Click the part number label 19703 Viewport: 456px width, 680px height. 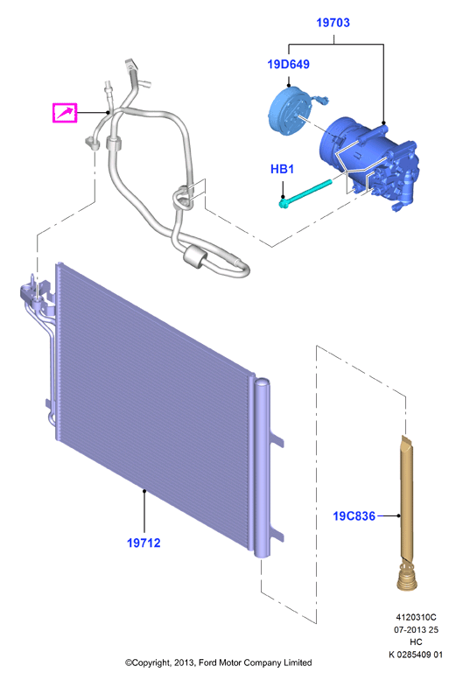(x=333, y=23)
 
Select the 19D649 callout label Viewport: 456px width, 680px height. (x=289, y=64)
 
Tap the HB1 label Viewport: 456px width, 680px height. (x=282, y=169)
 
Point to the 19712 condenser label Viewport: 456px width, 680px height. (x=144, y=543)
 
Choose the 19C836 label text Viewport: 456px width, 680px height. (x=354, y=516)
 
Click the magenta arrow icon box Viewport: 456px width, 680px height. (x=65, y=113)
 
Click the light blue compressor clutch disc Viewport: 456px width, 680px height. (x=286, y=110)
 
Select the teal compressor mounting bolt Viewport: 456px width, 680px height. (x=305, y=193)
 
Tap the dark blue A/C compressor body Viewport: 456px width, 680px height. (x=368, y=163)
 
